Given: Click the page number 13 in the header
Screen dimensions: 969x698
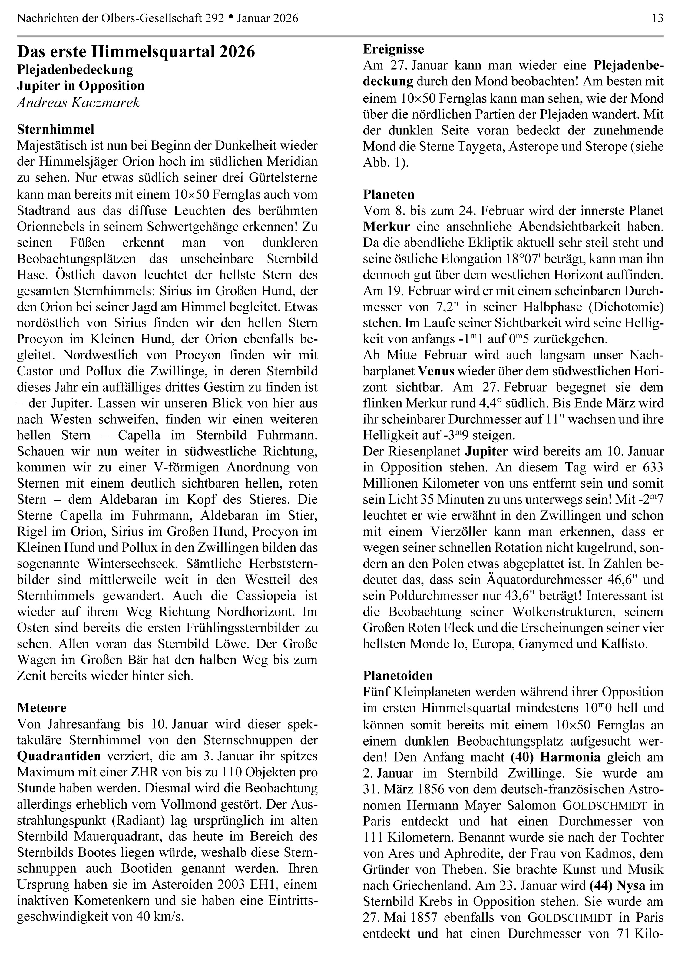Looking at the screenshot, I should tap(657, 18).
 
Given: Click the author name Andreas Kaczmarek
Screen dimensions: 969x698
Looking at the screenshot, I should tap(78, 103).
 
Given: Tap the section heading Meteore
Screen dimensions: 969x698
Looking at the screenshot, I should tap(42, 708).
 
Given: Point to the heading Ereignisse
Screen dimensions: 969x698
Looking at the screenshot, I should tap(393, 49).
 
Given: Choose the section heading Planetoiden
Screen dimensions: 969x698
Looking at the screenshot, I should tap(398, 676).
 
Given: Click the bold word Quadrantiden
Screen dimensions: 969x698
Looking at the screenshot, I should tap(59, 756).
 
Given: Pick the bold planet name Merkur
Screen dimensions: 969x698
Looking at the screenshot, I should tap(386, 227).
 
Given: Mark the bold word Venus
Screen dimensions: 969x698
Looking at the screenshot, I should tap(436, 371).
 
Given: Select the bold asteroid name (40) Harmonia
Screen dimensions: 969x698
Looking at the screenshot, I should tap(555, 757).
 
